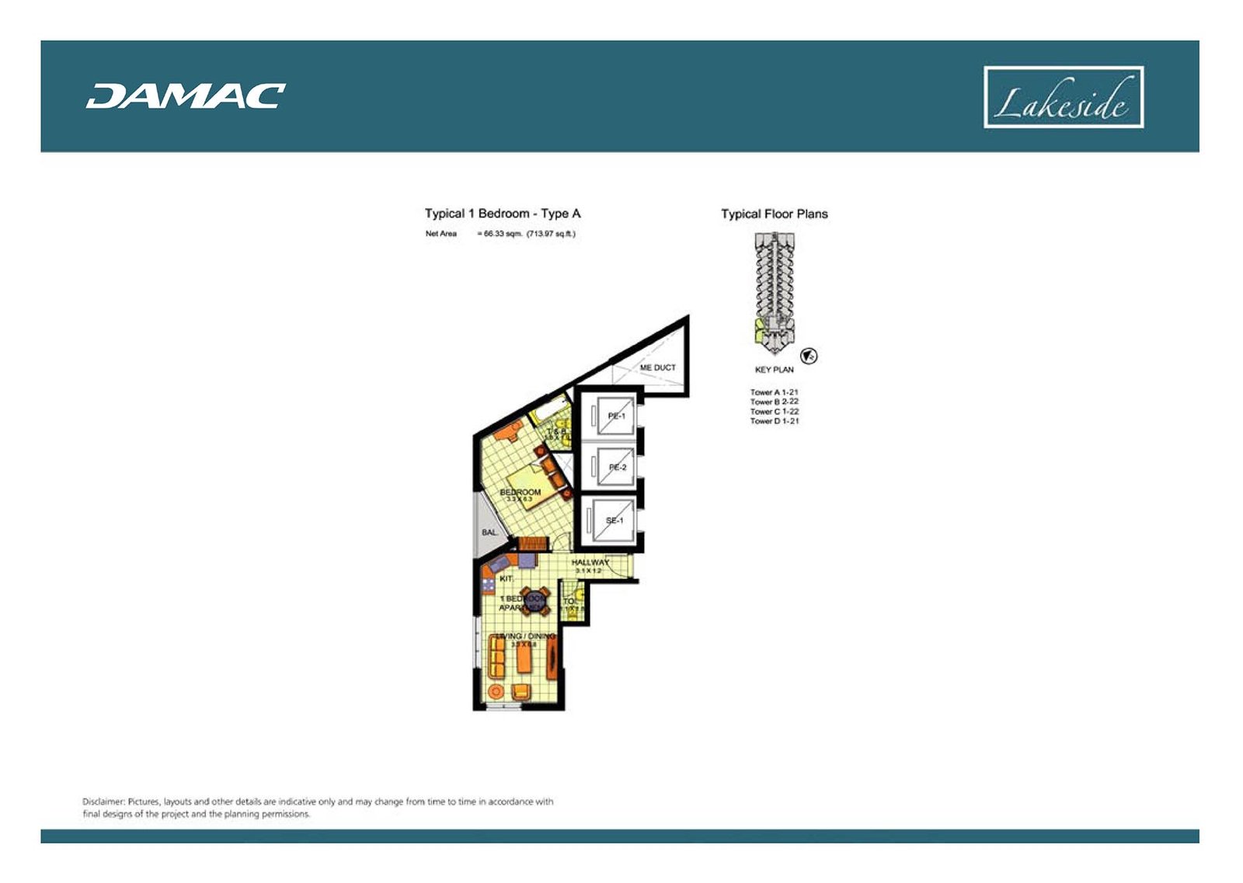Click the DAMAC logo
185,96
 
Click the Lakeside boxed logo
1063,97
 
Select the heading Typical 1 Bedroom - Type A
502,214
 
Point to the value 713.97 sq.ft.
551,234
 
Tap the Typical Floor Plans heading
774,214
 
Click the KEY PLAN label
774,370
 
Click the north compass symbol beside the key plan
809,356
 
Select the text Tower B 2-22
774,402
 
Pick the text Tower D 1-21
774,421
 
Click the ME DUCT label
657,367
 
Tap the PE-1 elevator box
613,417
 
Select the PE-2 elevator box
613,468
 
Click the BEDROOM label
520,492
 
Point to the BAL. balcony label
489,533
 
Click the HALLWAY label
590,562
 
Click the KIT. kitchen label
506,579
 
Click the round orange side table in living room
495,690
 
